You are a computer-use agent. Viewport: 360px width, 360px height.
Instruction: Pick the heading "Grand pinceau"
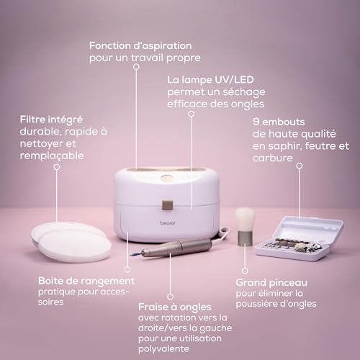tap(270, 283)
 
